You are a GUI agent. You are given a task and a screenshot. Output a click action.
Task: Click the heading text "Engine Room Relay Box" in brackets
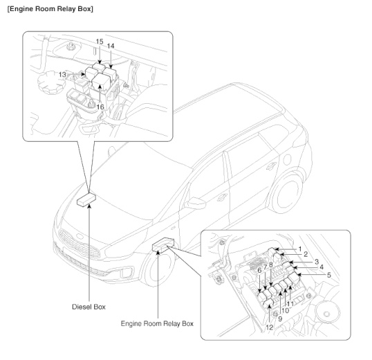click(49, 8)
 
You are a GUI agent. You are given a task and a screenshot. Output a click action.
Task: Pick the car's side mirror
click(221, 197)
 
